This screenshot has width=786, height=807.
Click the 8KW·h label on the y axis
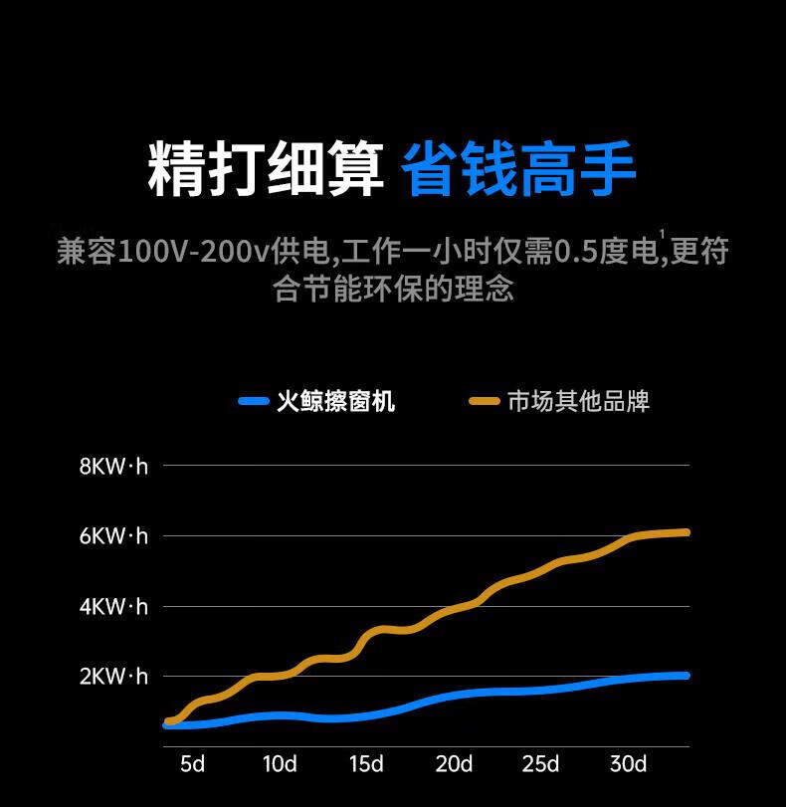point(113,466)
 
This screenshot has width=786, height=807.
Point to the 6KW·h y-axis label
point(113,536)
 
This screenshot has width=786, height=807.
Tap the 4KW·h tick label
point(113,606)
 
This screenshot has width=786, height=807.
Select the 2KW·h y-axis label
point(113,677)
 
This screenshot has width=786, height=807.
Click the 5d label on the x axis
point(192,764)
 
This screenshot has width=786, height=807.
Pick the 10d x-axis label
point(280,764)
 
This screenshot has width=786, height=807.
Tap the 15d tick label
point(366,764)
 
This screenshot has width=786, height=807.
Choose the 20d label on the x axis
point(454,764)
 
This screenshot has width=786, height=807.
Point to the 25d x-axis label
point(540,764)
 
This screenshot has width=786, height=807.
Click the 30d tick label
point(628,764)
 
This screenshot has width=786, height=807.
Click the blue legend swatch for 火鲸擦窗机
point(254,401)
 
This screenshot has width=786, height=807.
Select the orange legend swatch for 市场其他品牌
point(484,401)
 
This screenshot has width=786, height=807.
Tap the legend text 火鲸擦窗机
point(335,401)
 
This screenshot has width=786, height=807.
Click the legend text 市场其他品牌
point(578,401)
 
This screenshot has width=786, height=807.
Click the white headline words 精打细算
point(266,170)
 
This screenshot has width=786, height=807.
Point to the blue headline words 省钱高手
point(518,170)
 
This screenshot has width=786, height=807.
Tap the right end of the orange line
point(686,532)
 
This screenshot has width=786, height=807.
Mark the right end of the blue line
point(686,676)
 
